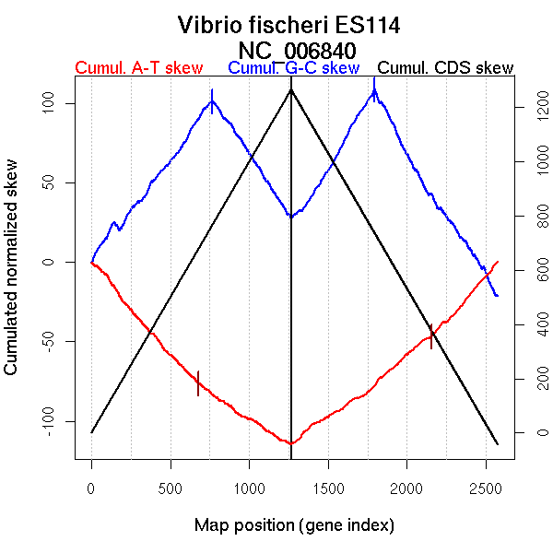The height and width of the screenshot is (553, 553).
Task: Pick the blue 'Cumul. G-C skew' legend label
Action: [293, 68]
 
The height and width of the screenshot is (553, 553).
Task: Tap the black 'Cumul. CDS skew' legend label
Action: [446, 68]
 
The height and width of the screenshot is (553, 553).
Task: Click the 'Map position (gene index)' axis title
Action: [294, 526]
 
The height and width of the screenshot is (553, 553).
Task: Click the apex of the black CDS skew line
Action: [291, 89]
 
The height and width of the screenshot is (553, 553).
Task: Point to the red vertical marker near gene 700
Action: [197, 383]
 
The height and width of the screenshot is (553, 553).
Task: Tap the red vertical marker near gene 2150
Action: [431, 336]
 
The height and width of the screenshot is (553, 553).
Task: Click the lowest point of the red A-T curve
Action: [291, 443]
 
